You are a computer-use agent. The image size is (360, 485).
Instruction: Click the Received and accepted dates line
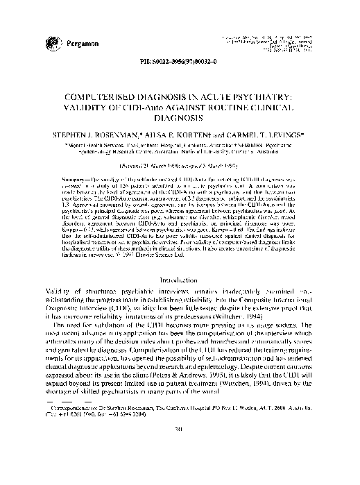[x=180, y=167]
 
